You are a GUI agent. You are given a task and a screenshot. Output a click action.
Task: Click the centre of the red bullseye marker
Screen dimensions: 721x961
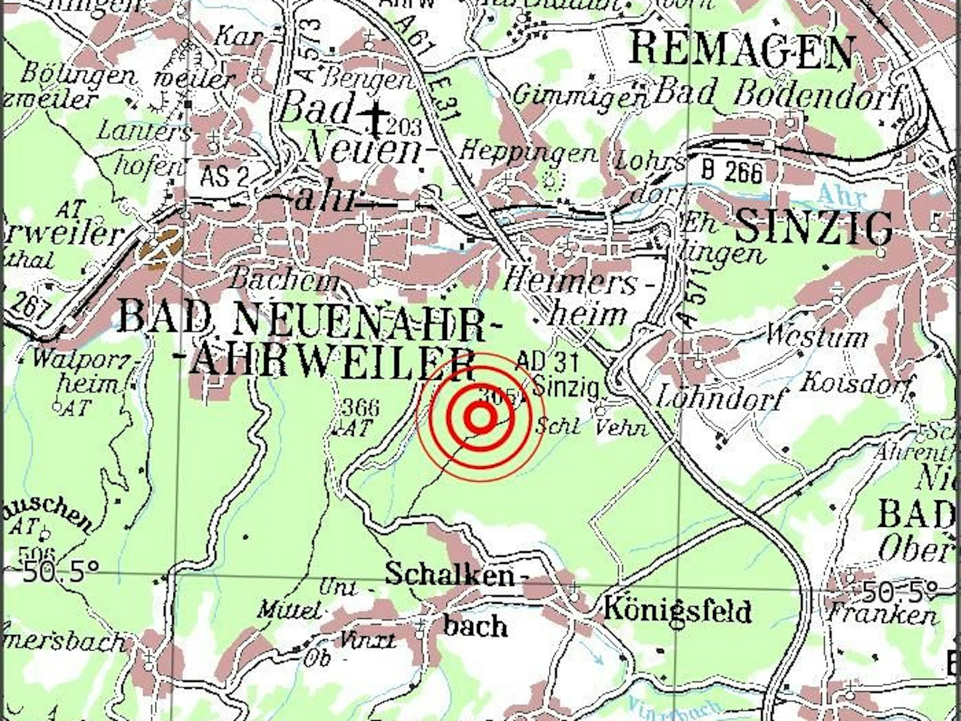479,416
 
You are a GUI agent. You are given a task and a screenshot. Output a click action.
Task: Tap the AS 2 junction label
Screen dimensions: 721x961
224,176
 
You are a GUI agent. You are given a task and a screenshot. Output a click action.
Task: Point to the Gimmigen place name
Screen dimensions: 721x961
579,96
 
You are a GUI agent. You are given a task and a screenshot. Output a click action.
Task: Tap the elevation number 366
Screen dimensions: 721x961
361,409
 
